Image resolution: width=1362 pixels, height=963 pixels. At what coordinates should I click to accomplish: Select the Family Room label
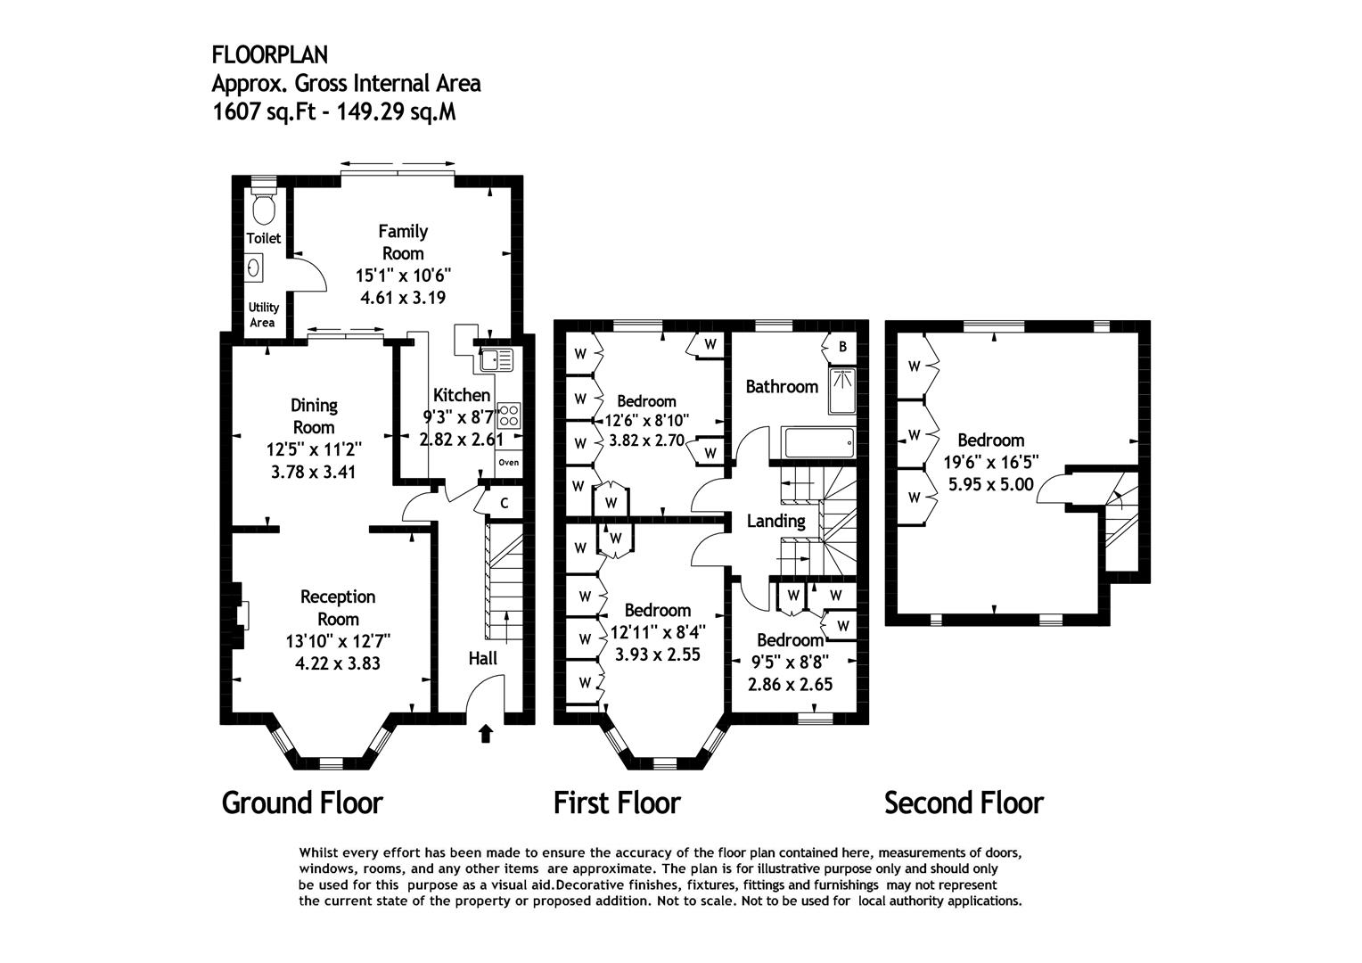[x=403, y=243]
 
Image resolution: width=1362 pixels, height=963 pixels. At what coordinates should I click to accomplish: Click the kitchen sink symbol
[x=496, y=360]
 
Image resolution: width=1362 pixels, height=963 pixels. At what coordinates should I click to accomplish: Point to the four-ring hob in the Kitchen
[x=509, y=415]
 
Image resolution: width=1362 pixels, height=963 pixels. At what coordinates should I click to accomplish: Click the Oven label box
[x=509, y=463]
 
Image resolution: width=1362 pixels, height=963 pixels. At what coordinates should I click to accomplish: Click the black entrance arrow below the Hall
[x=485, y=734]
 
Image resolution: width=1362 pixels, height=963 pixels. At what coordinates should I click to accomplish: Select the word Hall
[x=483, y=658]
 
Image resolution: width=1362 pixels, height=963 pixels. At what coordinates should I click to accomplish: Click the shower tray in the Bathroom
[x=842, y=391]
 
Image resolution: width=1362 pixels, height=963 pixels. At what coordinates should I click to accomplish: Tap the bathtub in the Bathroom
[x=819, y=443]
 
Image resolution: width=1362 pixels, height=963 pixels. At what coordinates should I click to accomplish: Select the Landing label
[x=775, y=521]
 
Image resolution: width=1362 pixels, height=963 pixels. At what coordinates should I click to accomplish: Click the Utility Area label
[x=263, y=315]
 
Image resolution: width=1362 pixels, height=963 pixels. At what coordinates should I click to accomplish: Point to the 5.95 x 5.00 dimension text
[x=991, y=484]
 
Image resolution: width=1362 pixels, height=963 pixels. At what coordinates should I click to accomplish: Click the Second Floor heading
[x=964, y=803]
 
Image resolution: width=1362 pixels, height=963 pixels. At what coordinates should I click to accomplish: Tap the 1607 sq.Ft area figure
[x=264, y=112]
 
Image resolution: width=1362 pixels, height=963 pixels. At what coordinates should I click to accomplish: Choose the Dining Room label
[x=314, y=416]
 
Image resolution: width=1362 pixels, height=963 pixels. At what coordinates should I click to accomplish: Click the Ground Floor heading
[x=302, y=803]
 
